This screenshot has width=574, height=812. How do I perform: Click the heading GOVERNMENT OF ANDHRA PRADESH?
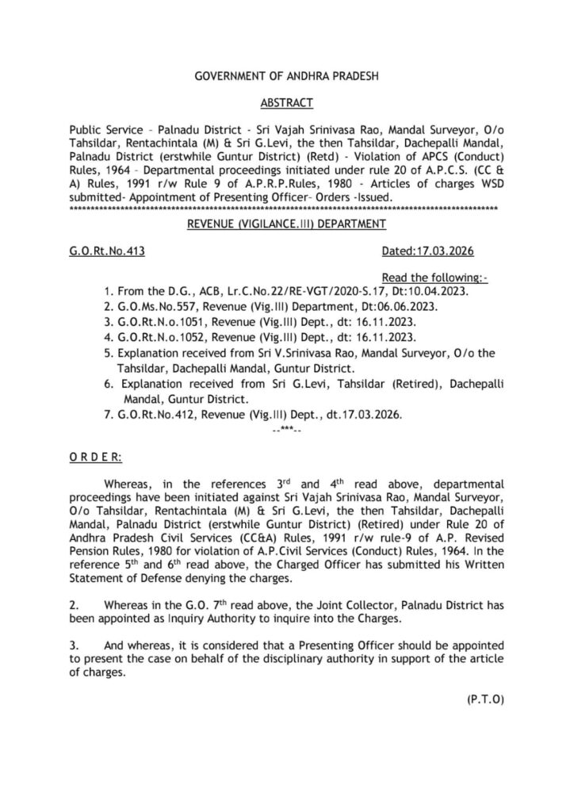click(287, 78)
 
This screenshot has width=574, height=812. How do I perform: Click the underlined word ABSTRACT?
click(287, 103)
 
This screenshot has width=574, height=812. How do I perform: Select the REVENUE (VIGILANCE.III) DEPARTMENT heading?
click(286, 224)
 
